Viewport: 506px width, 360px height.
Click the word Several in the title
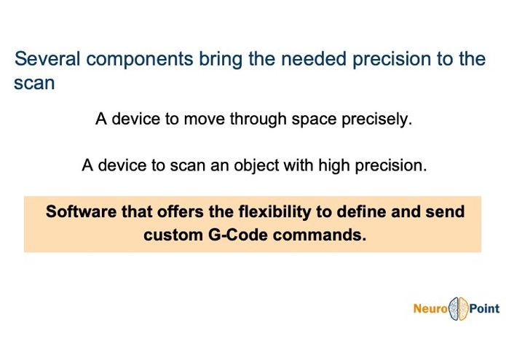(47, 59)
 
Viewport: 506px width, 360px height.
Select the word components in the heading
(140, 60)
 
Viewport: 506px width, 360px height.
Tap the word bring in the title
(221, 60)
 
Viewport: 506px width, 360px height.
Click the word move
(204, 119)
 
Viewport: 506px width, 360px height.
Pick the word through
(258, 119)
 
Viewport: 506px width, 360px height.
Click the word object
(256, 166)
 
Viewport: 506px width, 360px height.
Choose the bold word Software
(81, 212)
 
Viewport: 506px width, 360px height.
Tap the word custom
(173, 235)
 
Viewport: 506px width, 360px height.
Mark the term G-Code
(238, 235)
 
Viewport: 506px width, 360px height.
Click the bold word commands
(320, 235)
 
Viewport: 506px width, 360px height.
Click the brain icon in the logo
(459, 309)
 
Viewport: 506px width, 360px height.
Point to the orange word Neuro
(430, 309)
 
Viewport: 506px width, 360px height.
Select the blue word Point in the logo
(484, 309)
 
